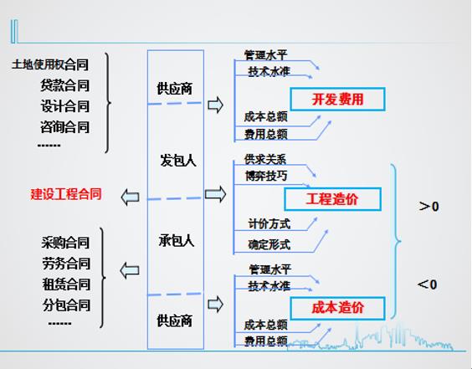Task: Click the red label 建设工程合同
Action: pyautogui.click(x=66, y=194)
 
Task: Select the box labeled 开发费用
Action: pyautogui.click(x=337, y=99)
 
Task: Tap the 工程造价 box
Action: pyautogui.click(x=332, y=199)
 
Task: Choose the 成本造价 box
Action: pyautogui.click(x=337, y=308)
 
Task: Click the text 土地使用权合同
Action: pyautogui.click(x=50, y=64)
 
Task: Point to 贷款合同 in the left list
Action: pyautogui.click(x=64, y=85)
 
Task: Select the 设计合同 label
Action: pyautogui.click(x=64, y=106)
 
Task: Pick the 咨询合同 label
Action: pyautogui.click(x=64, y=126)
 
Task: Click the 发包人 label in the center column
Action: pyautogui.click(x=178, y=160)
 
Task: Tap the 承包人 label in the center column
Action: pyautogui.click(x=177, y=241)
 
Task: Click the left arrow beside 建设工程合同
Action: pyautogui.click(x=130, y=197)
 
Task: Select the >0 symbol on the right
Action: pyautogui.click(x=428, y=207)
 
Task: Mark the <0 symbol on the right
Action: pyautogui.click(x=427, y=284)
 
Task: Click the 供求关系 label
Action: pyautogui.click(x=265, y=159)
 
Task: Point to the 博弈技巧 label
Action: pyautogui.click(x=266, y=176)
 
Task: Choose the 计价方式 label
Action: pyautogui.click(x=269, y=224)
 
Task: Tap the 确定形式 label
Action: pyautogui.click(x=269, y=244)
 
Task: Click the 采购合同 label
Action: pyautogui.click(x=65, y=243)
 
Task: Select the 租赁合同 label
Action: pyautogui.click(x=66, y=284)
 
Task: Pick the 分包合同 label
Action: pyautogui.click(x=66, y=305)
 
